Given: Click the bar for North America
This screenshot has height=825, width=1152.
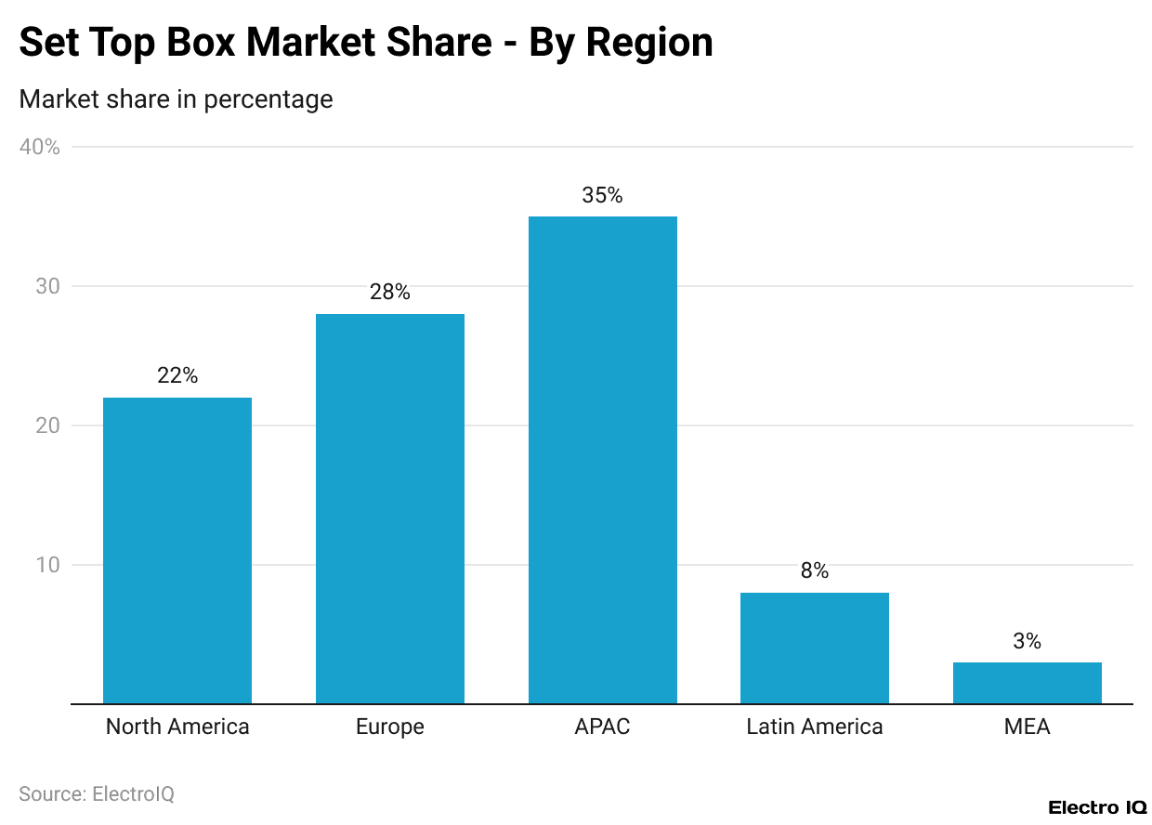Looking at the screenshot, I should (x=177, y=550).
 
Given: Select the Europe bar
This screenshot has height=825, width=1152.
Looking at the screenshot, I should (x=389, y=508).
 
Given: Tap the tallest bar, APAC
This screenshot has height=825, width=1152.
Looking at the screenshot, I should (x=602, y=460).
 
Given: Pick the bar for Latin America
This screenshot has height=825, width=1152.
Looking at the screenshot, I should (x=814, y=648).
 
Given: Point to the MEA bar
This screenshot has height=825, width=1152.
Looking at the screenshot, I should (x=1027, y=683).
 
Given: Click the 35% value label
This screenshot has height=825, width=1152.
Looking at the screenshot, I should (x=602, y=196).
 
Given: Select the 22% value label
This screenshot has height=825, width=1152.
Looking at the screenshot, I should (x=177, y=376).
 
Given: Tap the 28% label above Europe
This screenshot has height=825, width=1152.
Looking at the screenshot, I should (x=389, y=293).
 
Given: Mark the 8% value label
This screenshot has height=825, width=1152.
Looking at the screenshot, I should (x=815, y=571).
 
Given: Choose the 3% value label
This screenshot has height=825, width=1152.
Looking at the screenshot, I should (x=1027, y=641).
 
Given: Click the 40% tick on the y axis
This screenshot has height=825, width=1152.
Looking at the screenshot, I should (x=40, y=147).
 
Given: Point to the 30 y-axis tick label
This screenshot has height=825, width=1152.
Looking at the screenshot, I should (x=46, y=286).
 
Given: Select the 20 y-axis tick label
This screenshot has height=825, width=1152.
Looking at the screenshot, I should (x=46, y=426).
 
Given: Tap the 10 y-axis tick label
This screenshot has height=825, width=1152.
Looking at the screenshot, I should (x=46, y=565).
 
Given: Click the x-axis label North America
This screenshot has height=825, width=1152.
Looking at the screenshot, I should (x=177, y=727).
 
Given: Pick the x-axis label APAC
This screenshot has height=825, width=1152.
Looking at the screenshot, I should (x=602, y=727).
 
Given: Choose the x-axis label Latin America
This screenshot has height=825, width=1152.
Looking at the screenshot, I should (x=815, y=727).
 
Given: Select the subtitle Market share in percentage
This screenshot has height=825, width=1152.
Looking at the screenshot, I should (x=176, y=99).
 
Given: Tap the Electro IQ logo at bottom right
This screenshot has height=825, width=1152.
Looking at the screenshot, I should (x=1097, y=807).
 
